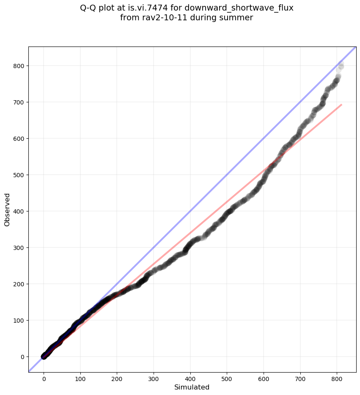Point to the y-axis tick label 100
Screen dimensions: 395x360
(x=19, y=321)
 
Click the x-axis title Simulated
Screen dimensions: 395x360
(x=192, y=387)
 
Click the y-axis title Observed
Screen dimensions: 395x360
(x=7, y=209)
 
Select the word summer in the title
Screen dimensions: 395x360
(x=239, y=18)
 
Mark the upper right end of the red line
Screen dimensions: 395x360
(x=341, y=104)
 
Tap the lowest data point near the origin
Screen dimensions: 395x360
(x=44, y=357)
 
